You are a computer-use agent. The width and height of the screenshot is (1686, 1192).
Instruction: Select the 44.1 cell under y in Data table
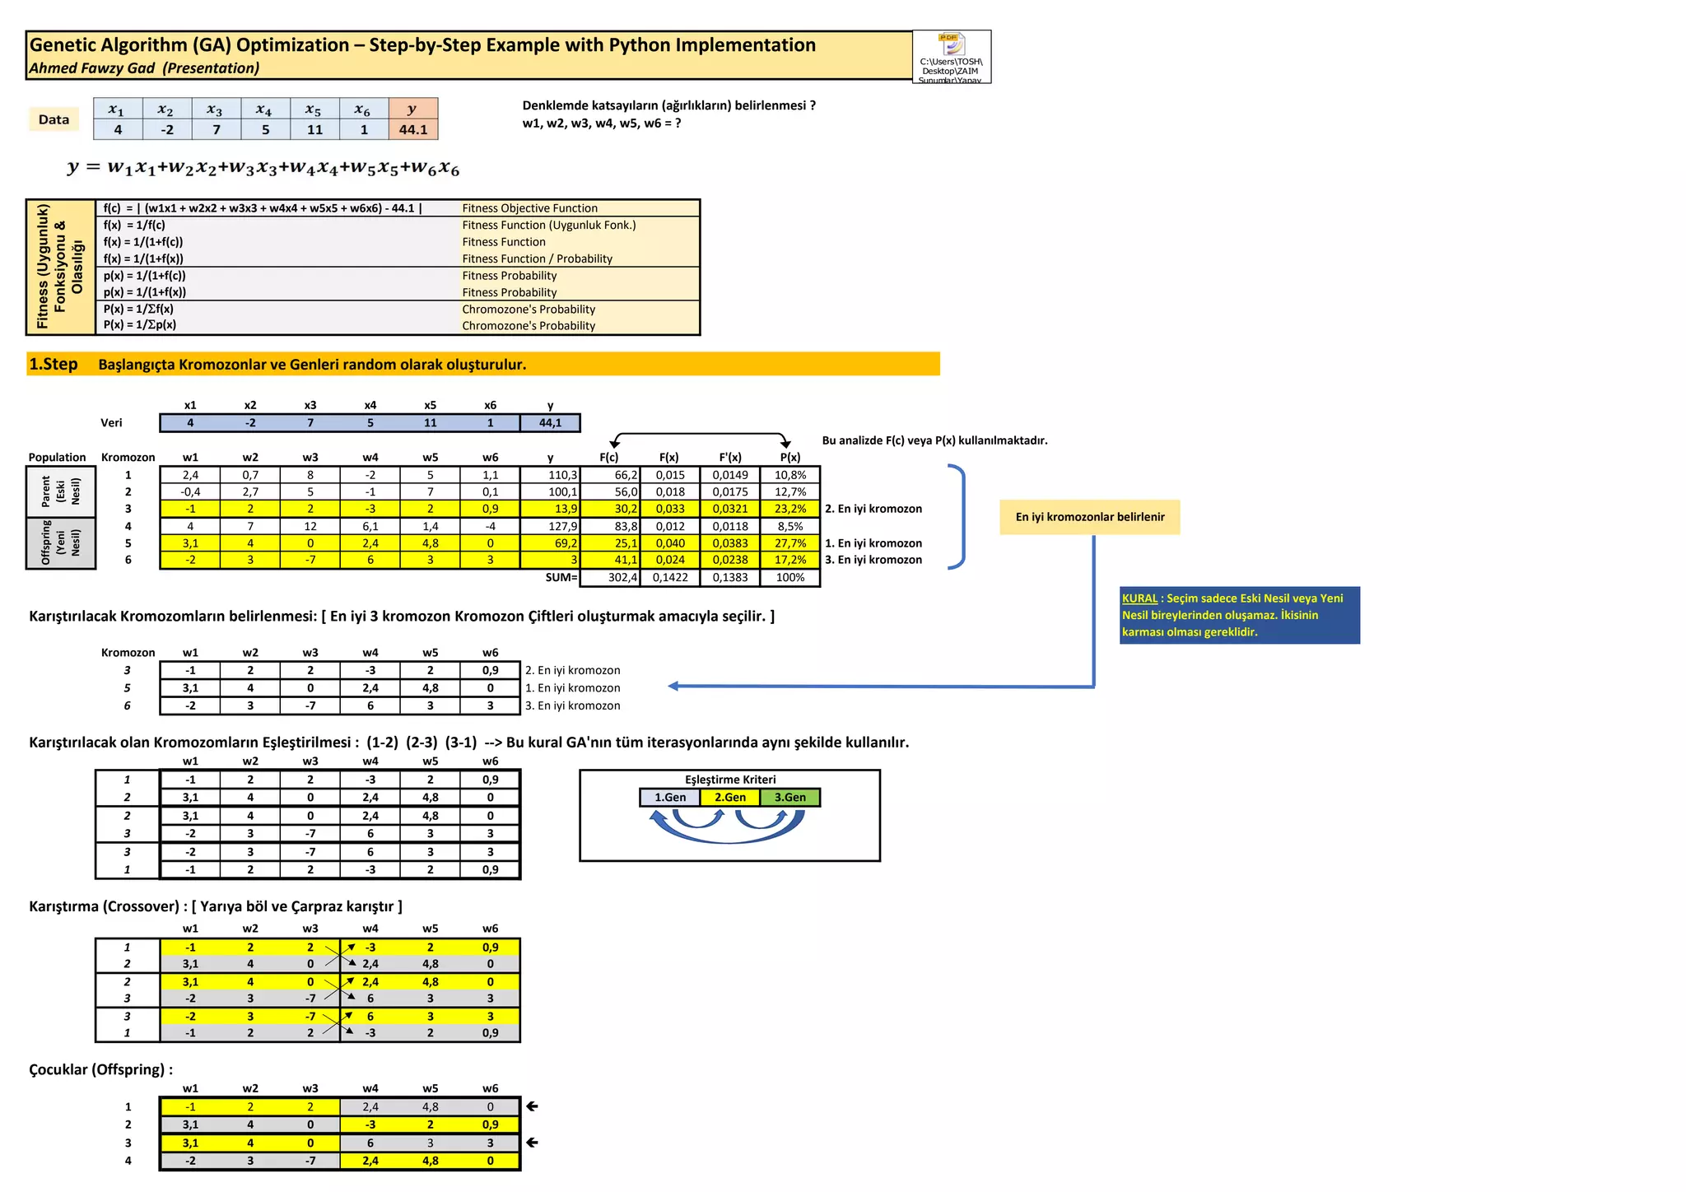(x=413, y=129)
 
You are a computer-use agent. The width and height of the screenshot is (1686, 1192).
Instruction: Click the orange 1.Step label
(x=54, y=364)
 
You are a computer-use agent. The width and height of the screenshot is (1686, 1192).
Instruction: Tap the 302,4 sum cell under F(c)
(x=610, y=577)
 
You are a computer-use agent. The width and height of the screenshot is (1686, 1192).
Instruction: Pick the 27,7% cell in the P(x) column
(x=790, y=543)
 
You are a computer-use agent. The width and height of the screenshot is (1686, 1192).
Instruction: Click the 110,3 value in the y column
(x=551, y=475)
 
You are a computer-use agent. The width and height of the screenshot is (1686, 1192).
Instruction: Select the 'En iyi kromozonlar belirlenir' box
(x=1089, y=517)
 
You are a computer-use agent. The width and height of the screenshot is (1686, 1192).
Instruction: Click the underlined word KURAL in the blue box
(x=1139, y=598)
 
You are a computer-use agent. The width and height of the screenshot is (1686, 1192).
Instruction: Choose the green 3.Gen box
(x=790, y=797)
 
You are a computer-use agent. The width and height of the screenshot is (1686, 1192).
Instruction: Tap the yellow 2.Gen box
(x=730, y=797)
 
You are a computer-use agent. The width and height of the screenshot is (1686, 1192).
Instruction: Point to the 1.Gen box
(x=670, y=797)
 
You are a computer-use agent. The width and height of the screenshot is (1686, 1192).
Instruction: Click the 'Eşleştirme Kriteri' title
(x=730, y=780)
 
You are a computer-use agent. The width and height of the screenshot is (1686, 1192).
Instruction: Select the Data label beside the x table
(x=54, y=119)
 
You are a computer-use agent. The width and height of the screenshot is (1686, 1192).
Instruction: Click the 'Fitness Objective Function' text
(x=529, y=208)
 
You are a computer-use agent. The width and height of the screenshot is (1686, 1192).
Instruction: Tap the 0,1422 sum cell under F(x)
(x=670, y=577)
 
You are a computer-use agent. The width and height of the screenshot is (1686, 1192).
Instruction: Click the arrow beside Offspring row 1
(x=533, y=1106)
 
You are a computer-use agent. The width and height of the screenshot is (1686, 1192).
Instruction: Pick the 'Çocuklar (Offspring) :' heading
(x=100, y=1069)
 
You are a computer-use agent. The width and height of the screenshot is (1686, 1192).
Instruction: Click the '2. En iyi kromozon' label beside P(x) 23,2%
(x=873, y=509)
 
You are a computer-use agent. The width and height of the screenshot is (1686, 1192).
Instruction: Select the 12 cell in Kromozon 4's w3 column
(x=310, y=526)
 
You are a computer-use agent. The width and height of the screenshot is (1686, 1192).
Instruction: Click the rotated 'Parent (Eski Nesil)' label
(x=61, y=491)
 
